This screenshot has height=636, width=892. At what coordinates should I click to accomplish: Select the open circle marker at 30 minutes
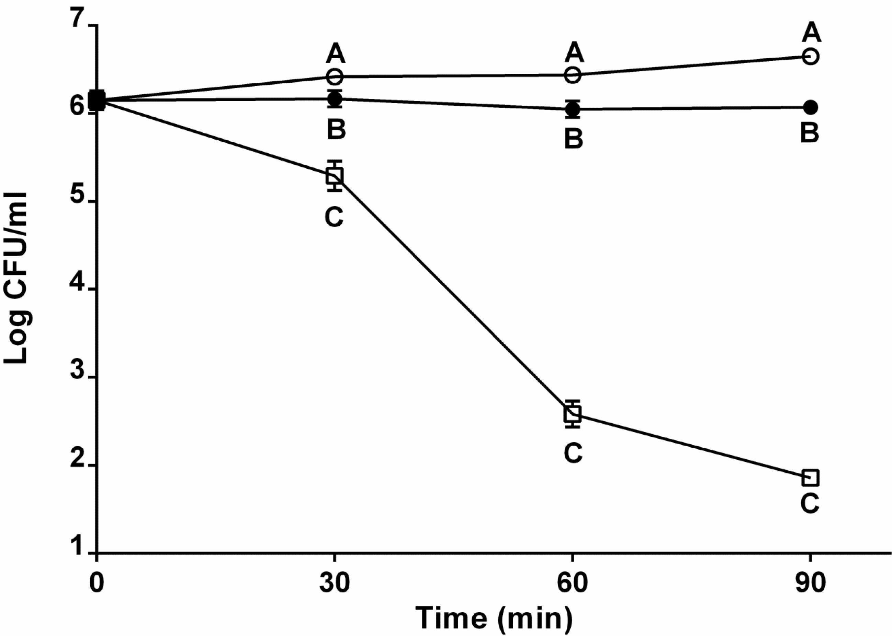pos(335,76)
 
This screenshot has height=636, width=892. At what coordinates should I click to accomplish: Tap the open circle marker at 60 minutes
pos(573,75)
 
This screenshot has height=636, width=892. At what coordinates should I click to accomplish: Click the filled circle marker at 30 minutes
pos(335,98)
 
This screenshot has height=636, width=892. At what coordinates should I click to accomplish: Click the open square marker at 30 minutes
pos(335,175)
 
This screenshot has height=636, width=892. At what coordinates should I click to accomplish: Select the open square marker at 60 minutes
pos(573,414)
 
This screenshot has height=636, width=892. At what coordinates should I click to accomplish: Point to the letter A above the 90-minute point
pos(811,33)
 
